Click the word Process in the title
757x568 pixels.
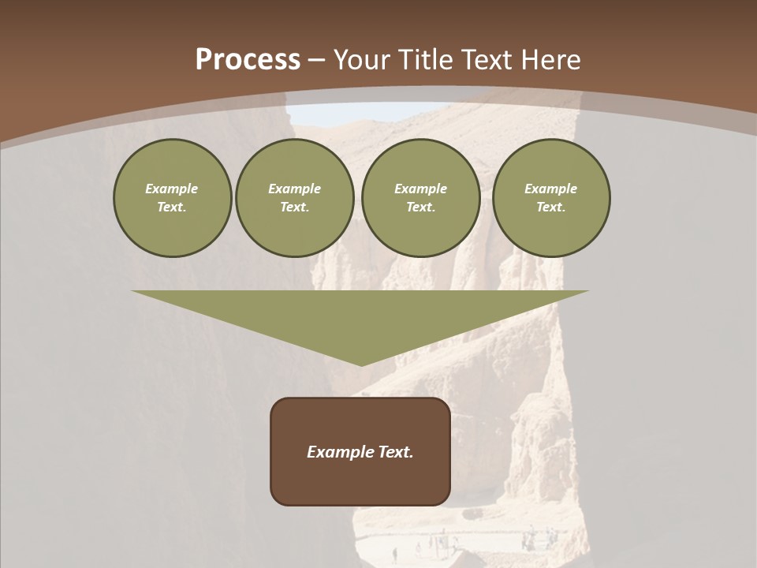tap(248, 59)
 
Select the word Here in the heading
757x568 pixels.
tap(549, 60)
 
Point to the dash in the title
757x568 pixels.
tap(316, 60)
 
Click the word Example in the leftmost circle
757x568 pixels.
tap(172, 189)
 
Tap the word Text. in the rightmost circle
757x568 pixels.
tap(551, 207)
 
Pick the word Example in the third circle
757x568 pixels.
tap(420, 189)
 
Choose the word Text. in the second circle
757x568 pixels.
tap(294, 207)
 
